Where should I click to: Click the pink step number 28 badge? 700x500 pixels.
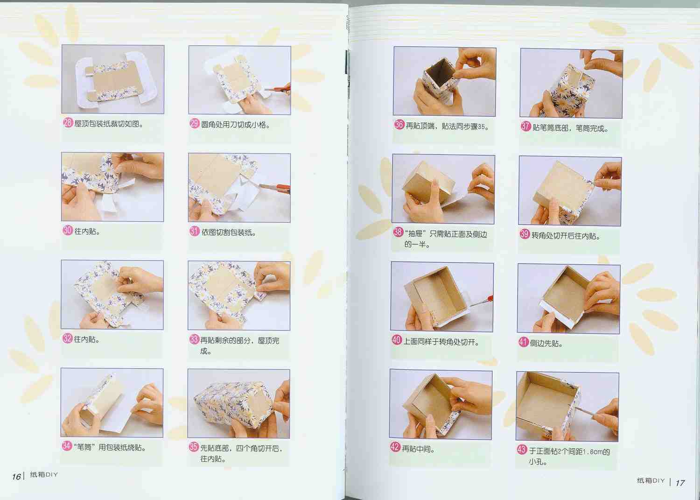(x=68, y=123)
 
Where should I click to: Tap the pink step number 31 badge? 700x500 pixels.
(x=195, y=231)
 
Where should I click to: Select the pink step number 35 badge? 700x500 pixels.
(x=194, y=447)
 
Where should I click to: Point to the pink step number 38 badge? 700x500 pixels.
(x=398, y=232)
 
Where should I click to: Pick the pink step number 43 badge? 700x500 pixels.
(x=522, y=450)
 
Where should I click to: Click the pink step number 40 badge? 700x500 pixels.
(x=397, y=340)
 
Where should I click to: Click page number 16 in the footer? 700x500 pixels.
(x=16, y=477)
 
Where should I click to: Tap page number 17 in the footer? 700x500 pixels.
(x=680, y=483)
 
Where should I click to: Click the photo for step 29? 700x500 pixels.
(x=239, y=80)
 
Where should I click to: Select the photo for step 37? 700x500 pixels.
(x=571, y=83)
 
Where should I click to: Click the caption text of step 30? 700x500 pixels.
(x=87, y=232)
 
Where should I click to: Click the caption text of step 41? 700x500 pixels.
(x=546, y=343)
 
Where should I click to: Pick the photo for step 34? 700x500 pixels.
(x=112, y=403)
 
